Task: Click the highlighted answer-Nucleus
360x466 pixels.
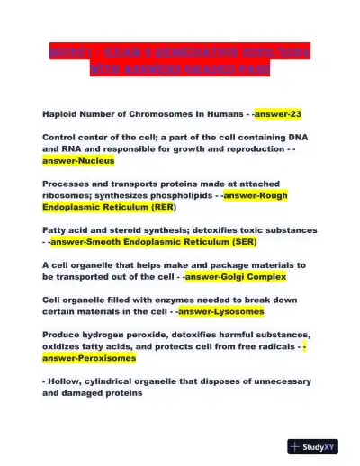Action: [x=78, y=161]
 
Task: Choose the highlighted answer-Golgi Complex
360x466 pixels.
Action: [x=235, y=277]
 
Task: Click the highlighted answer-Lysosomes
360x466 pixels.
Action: [x=220, y=311]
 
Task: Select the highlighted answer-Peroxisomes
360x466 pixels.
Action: [x=89, y=357]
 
